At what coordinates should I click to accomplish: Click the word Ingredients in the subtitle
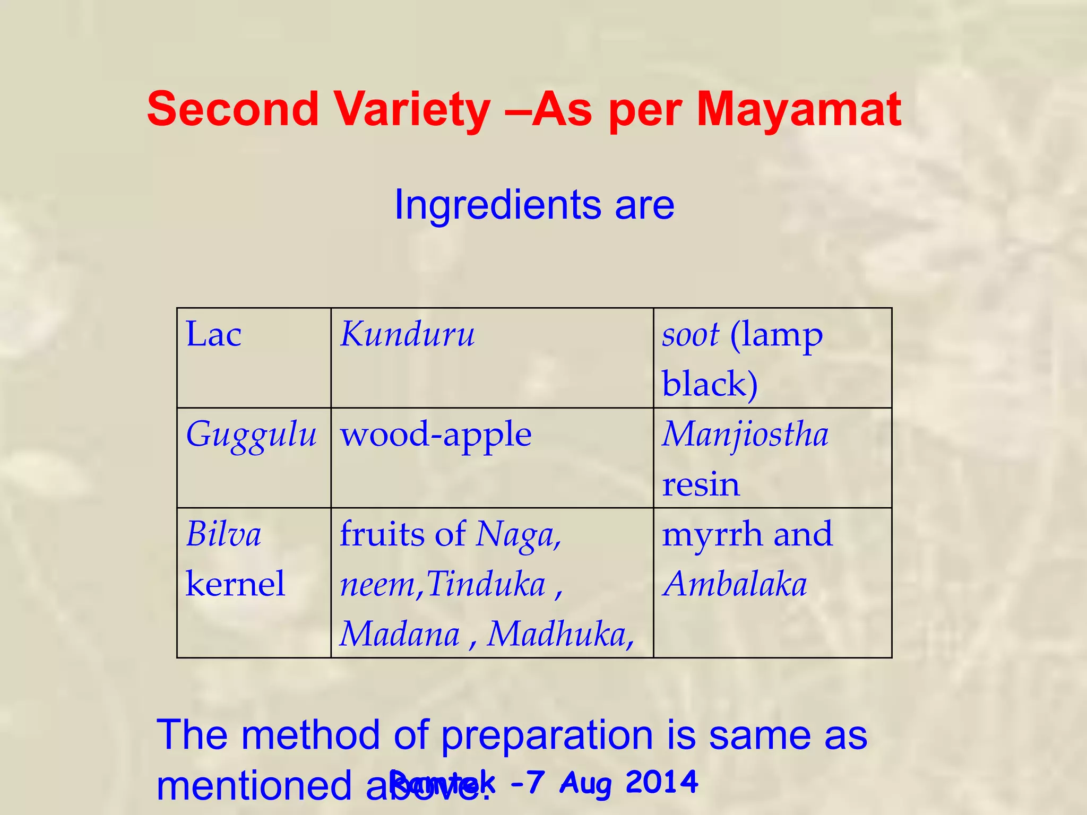point(498,205)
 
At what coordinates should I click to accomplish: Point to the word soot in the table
point(690,335)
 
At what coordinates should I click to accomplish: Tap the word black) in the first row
point(710,384)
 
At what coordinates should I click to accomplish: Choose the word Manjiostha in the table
point(745,435)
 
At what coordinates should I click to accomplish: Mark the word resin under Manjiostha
point(701,484)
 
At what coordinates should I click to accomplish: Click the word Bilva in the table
point(223,534)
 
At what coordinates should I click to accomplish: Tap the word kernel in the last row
point(236,584)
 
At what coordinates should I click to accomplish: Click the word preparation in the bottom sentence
point(547,735)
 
